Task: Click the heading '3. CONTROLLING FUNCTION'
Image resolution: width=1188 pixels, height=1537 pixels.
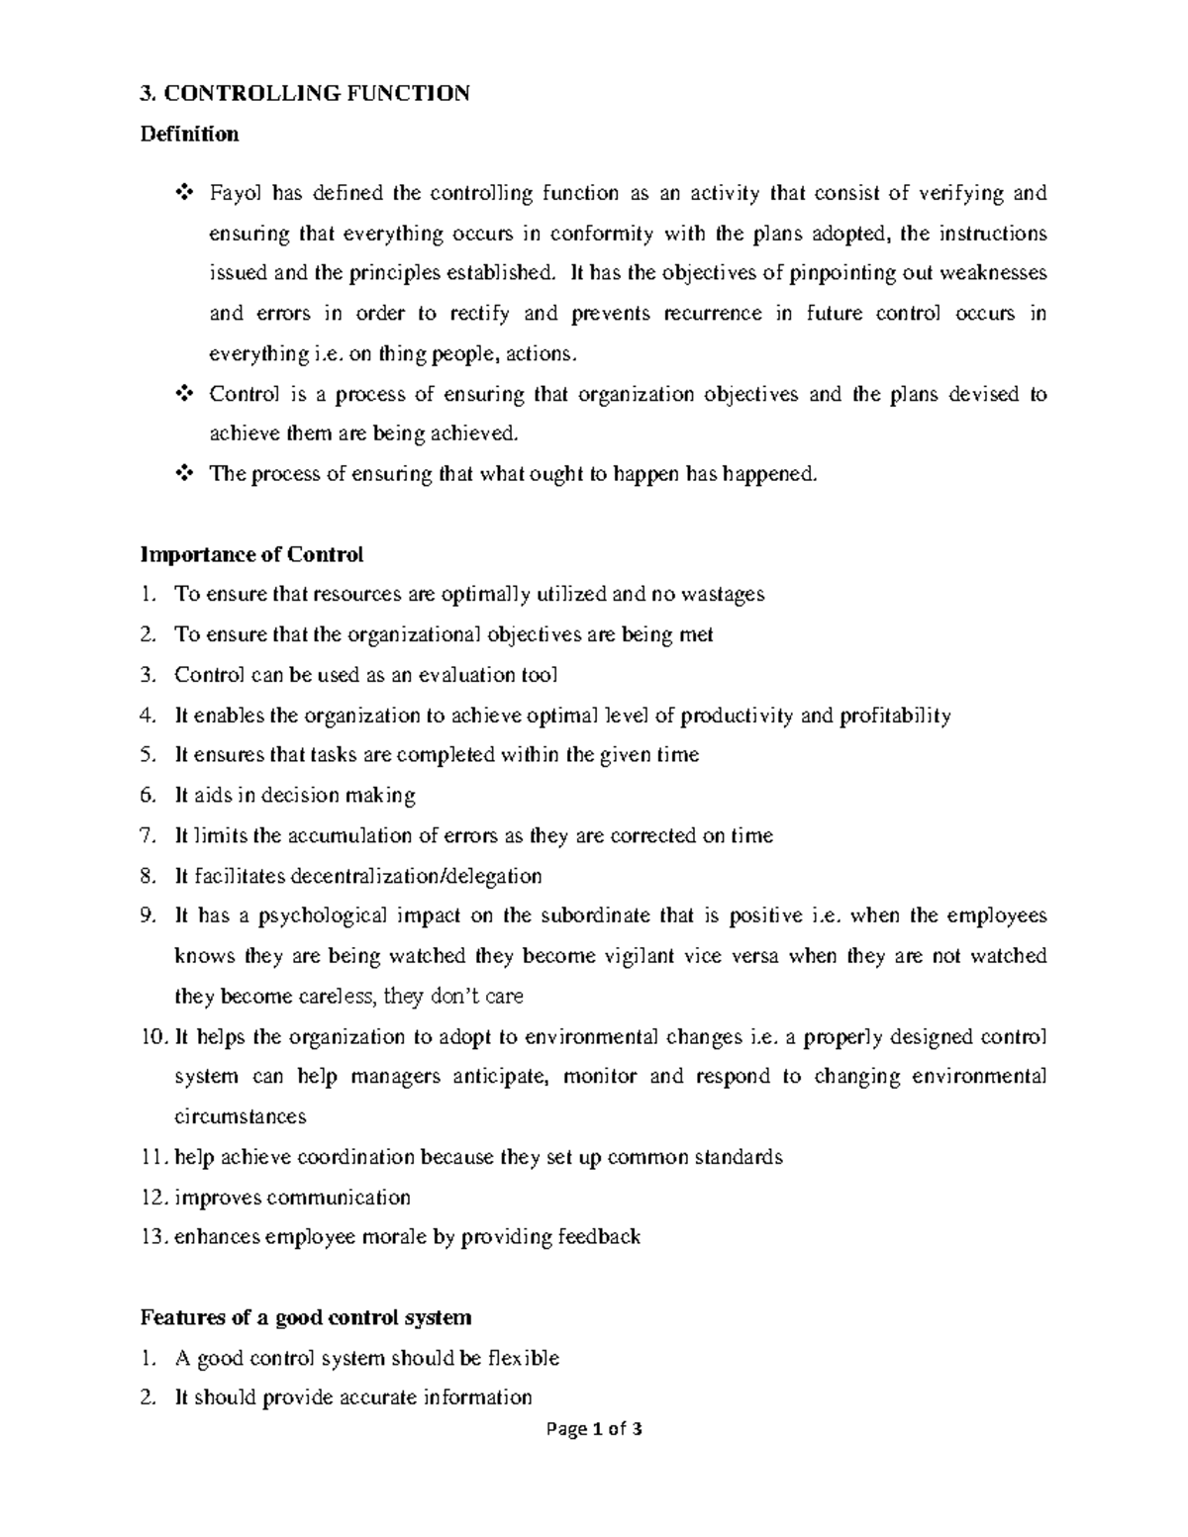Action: coord(305,94)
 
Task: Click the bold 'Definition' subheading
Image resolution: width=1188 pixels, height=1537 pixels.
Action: coord(189,134)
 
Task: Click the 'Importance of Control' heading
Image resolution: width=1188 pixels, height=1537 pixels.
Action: coord(252,554)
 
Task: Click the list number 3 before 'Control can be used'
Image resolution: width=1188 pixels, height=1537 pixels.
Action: coord(148,675)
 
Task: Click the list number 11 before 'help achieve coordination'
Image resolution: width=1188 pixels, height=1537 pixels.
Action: coord(153,1158)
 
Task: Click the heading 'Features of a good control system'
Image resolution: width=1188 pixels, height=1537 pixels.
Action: coord(306,1318)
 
